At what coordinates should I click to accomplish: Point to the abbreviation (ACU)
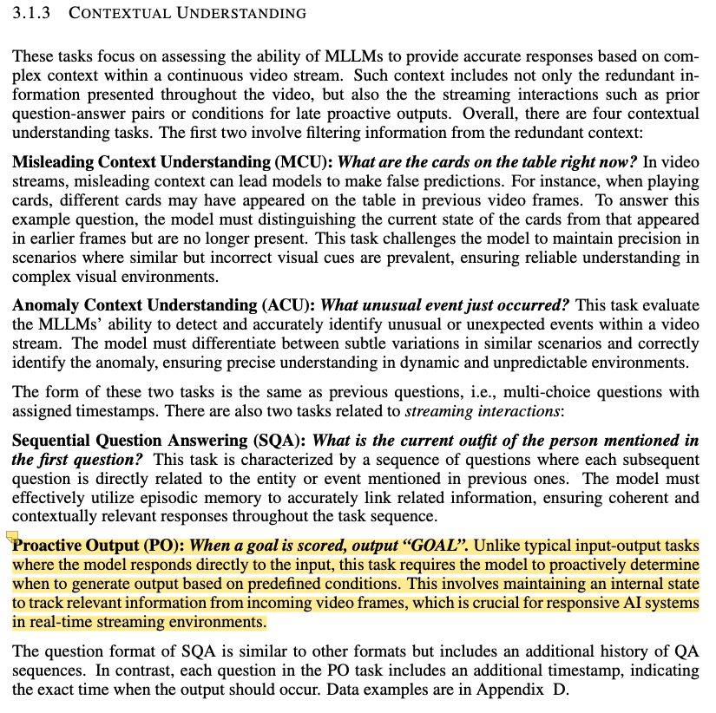[x=288, y=304]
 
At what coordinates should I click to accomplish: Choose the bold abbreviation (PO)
[x=168, y=547]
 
